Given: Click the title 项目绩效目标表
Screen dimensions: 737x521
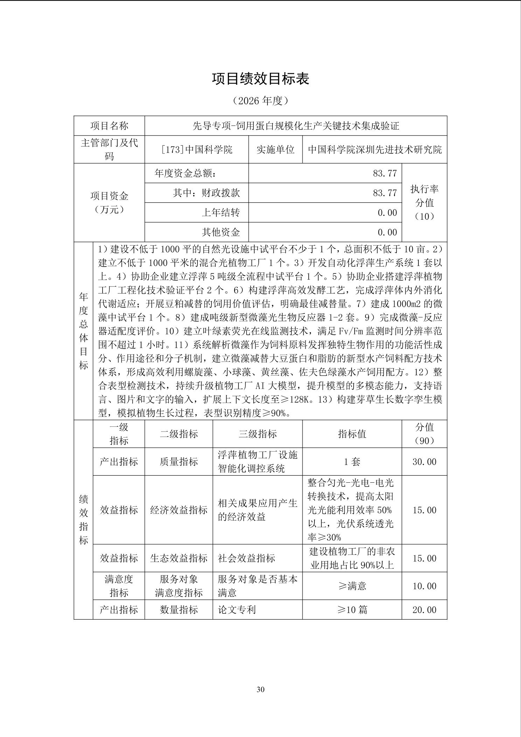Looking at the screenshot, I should [x=260, y=79].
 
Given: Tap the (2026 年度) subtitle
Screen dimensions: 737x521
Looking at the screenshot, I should [x=260, y=101].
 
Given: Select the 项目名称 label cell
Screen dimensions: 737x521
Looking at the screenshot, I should [x=109, y=126].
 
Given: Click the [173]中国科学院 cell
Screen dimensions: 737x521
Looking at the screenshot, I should [x=197, y=150].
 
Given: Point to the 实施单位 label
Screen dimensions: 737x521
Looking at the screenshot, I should [x=275, y=150].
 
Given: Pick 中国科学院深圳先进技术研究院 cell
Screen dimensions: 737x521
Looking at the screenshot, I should [x=375, y=150].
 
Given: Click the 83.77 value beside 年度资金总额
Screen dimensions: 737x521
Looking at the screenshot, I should [x=385, y=173].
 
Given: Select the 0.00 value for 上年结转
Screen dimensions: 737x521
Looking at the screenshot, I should [x=387, y=213].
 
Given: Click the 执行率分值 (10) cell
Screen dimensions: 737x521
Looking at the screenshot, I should [x=424, y=202].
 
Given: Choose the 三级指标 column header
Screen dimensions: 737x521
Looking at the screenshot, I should [x=257, y=434].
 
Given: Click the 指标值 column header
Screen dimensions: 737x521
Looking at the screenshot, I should [x=352, y=434].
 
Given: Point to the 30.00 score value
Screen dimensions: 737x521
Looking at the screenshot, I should [x=424, y=462].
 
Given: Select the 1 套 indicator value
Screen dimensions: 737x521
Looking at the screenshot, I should [x=352, y=462].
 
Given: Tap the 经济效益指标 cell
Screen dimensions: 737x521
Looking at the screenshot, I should [x=179, y=510].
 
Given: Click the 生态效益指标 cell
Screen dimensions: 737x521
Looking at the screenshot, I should [x=179, y=558].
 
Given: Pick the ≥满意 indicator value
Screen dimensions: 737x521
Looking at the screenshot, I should [x=352, y=586].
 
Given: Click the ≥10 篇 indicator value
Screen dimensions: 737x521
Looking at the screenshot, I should [x=352, y=610].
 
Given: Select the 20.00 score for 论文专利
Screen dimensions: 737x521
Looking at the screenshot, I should [x=424, y=610].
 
